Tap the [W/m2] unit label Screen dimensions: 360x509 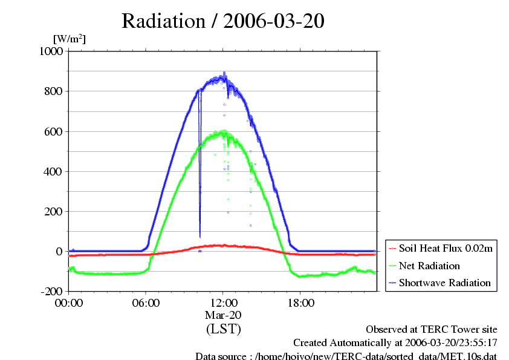click(70, 39)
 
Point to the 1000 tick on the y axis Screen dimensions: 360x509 click(51, 51)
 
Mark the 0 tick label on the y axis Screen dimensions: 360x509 click(60, 251)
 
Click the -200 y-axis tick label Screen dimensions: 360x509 click(52, 291)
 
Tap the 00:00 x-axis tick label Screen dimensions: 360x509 click(69, 303)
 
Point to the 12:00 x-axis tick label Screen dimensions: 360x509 click(223, 303)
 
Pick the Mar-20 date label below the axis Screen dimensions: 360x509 click(223, 315)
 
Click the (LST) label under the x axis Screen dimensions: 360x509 click(223, 329)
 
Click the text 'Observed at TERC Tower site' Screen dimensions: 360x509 click(432, 330)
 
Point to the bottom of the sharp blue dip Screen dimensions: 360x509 click(200, 237)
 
